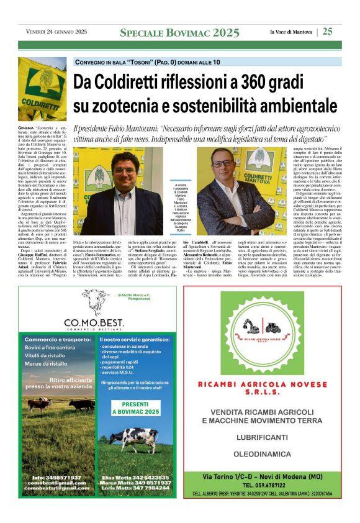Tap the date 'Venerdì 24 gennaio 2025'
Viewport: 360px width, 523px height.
point(56,32)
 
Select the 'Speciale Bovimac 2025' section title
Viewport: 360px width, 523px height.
point(179,32)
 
